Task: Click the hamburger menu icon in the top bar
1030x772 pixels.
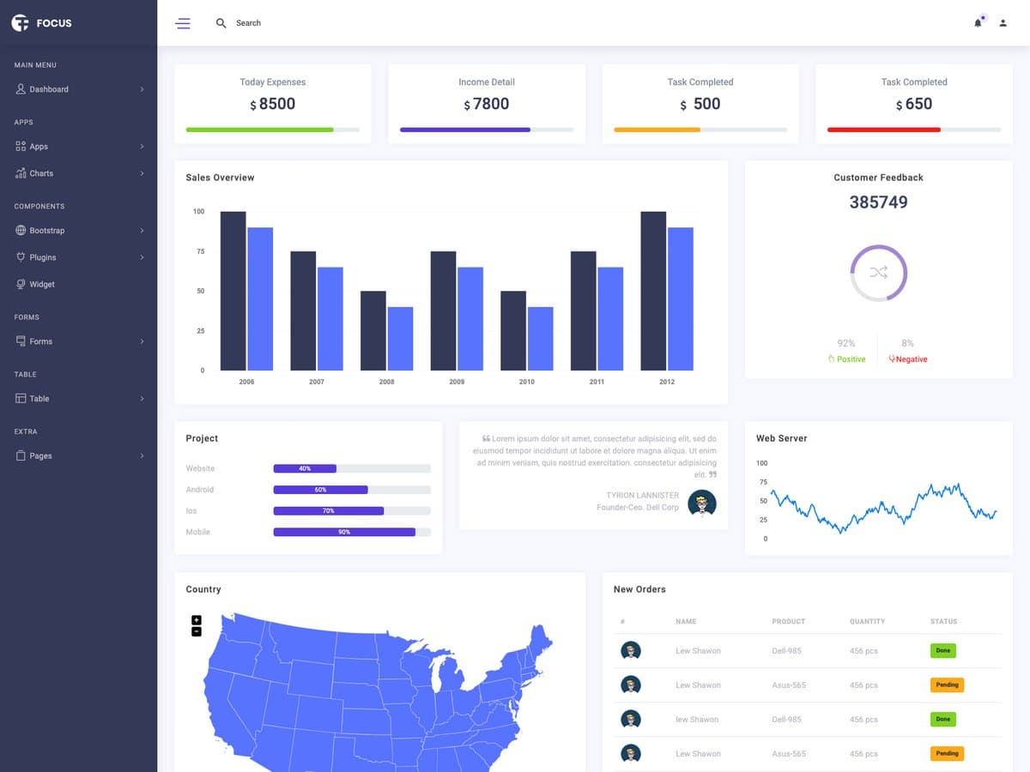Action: pos(183,23)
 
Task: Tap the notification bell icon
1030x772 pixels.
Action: pos(978,23)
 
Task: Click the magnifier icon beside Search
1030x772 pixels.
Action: pos(221,23)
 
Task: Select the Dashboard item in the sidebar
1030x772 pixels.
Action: pos(48,89)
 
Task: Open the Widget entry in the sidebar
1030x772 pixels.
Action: pos(41,284)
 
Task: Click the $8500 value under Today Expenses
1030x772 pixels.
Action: pos(273,104)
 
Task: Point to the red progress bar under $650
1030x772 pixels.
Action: pos(884,130)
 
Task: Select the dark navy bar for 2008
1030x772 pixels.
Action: pos(373,330)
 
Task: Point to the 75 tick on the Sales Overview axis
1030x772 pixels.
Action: pos(200,251)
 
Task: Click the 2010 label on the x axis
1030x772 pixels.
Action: pos(526,382)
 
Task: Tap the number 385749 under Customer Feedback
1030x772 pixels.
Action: pos(878,202)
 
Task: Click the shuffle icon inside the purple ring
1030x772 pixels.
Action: pos(878,273)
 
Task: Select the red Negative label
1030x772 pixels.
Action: pos(909,359)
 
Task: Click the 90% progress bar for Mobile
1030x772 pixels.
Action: pos(344,532)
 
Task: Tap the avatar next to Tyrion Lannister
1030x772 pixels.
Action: pos(702,504)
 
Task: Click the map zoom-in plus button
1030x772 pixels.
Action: pos(197,620)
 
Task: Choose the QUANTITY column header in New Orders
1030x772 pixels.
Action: pos(867,621)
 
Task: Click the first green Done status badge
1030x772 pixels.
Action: pos(942,651)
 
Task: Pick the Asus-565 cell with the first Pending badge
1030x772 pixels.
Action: pos(788,685)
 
